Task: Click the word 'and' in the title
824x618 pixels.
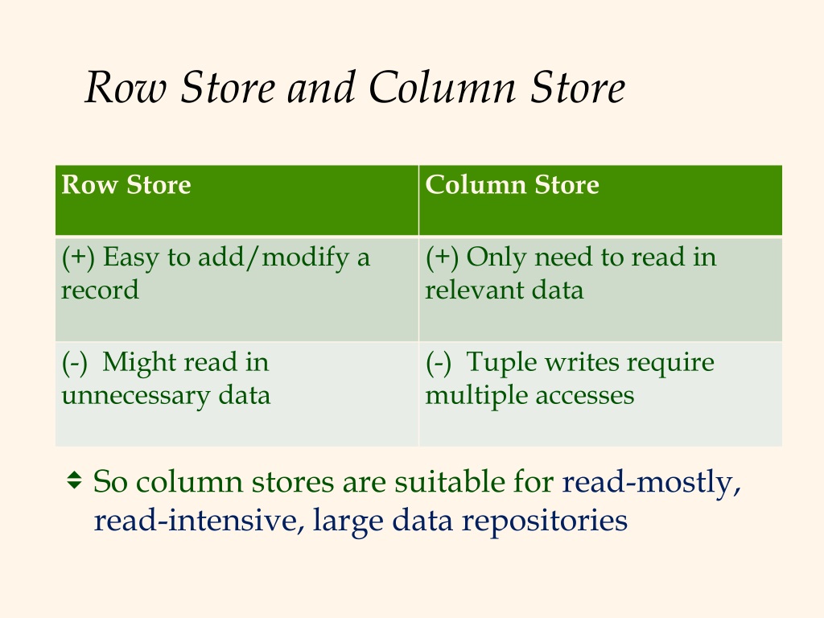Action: [320, 87]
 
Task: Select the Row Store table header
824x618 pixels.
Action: [126, 184]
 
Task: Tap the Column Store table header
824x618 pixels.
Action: [512, 184]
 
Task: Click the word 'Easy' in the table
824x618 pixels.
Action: [130, 258]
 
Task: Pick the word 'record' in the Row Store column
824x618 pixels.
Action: [100, 290]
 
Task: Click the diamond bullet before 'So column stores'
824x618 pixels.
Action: [74, 480]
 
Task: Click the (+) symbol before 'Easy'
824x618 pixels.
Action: [78, 258]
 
